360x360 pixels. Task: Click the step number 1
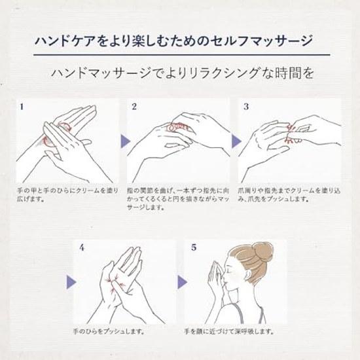point(22,107)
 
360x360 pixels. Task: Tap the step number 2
point(134,107)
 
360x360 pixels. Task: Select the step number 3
point(246,107)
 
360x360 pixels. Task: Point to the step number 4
point(82,247)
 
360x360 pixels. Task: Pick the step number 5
point(194,247)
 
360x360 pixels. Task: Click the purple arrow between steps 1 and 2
point(126,141)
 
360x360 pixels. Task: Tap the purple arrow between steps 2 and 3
point(236,141)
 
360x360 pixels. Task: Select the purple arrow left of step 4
point(71,282)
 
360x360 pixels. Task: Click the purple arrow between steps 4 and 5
point(183,282)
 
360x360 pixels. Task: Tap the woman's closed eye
point(228,268)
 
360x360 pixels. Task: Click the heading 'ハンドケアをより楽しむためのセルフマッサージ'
point(173,41)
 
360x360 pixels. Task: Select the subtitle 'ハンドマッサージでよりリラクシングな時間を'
point(183,73)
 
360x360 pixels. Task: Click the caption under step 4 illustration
point(109,332)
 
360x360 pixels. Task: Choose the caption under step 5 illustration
point(229,332)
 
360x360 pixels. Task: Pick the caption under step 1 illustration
point(67,194)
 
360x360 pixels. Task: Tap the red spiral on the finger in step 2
point(177,127)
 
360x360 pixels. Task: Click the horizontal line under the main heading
point(182,55)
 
